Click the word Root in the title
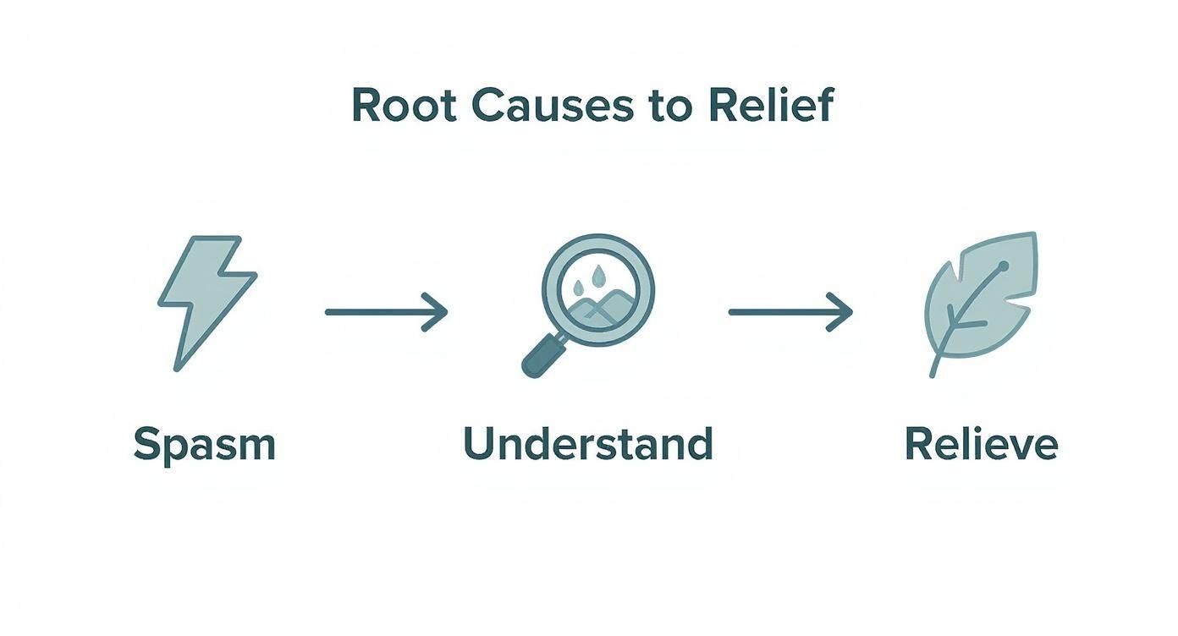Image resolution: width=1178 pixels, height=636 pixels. [404, 106]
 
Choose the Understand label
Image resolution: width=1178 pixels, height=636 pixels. [588, 443]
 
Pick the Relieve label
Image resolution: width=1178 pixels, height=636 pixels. [982, 443]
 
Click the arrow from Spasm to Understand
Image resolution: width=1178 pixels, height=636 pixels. [387, 312]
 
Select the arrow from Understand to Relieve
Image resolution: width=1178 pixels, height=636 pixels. [790, 312]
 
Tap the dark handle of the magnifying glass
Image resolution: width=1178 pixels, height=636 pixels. [542, 356]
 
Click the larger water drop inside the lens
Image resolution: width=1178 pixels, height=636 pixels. [597, 277]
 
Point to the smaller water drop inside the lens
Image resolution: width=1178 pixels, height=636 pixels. [578, 287]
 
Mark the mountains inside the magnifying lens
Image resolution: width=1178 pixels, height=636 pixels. [598, 309]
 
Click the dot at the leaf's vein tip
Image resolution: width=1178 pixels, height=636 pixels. [1004, 266]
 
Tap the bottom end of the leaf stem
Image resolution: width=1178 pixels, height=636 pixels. [933, 376]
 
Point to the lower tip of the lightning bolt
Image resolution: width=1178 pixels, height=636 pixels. [177, 370]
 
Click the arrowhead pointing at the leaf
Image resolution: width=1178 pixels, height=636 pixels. [840, 312]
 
